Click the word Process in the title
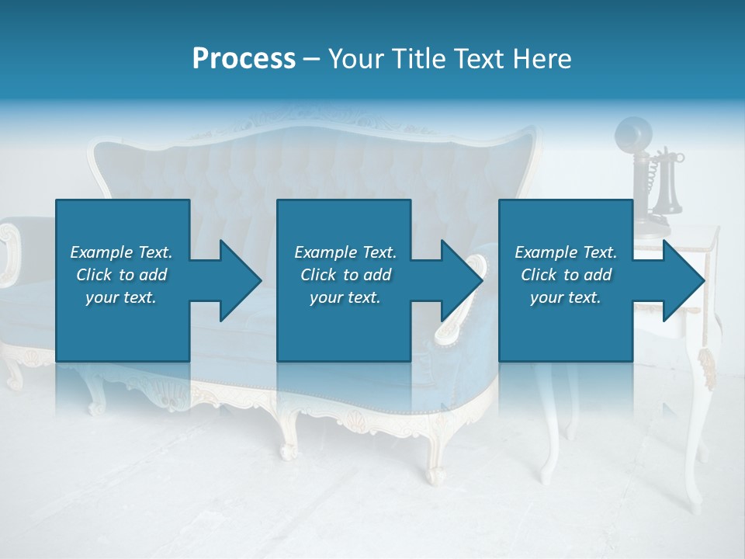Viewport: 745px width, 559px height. tap(244, 59)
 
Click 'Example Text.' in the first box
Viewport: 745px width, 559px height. tap(121, 252)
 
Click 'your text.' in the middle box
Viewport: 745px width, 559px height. tap(345, 297)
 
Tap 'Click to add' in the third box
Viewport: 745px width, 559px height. tap(566, 275)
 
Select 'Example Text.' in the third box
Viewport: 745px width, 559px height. tap(566, 252)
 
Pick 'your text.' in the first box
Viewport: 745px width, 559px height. tap(121, 297)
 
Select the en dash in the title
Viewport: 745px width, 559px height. tap(311, 59)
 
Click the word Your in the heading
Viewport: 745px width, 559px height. tap(356, 59)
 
